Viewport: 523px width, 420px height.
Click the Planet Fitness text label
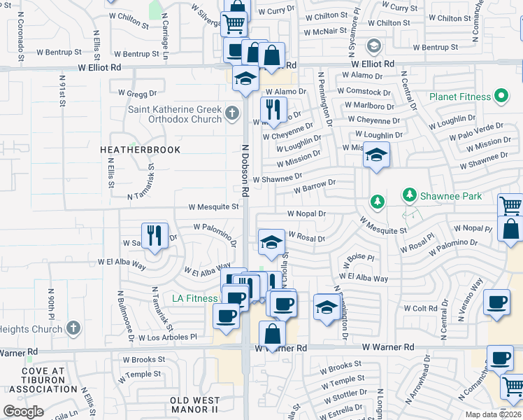[x=458, y=97]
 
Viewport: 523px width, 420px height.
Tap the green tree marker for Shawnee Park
[x=378, y=202]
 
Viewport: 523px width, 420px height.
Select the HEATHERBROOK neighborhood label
[x=140, y=150]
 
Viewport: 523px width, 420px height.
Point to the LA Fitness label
[x=195, y=299]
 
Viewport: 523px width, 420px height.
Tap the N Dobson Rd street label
[x=245, y=170]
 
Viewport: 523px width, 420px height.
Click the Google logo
[x=23, y=411]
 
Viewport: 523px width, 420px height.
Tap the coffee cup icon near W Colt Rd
[x=496, y=302]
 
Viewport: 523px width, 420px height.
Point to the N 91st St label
[x=62, y=91]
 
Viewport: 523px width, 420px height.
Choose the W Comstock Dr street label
[x=364, y=92]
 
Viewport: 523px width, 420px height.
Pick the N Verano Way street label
[x=472, y=300]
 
